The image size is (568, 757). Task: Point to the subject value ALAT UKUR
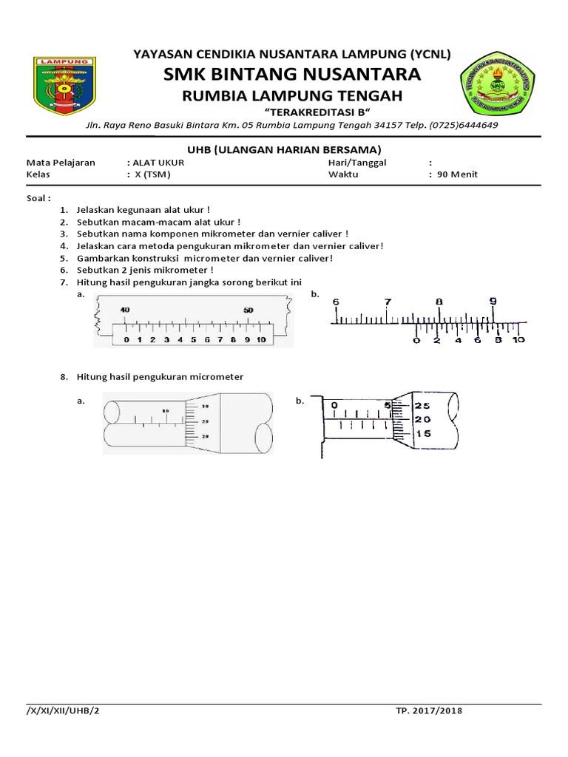[x=158, y=163]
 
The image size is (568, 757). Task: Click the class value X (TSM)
[x=151, y=174]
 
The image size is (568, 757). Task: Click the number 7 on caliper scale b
[x=388, y=302]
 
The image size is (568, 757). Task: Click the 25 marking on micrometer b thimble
[x=422, y=406]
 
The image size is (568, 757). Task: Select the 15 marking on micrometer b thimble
[x=422, y=433]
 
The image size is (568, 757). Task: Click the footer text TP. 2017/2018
[x=429, y=711]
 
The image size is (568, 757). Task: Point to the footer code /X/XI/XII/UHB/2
[x=61, y=711]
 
